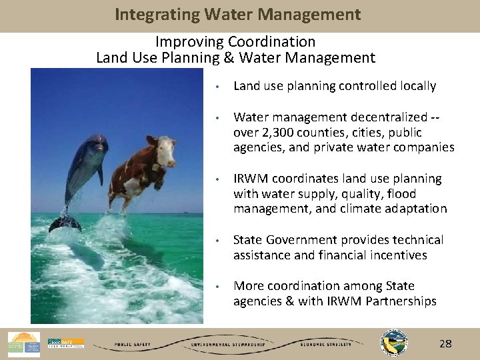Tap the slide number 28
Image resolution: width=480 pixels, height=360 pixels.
(x=445, y=344)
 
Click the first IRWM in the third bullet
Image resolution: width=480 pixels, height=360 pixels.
(x=250, y=179)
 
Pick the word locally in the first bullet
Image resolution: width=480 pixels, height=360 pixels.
(x=415, y=86)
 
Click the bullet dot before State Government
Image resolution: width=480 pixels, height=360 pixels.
(x=217, y=240)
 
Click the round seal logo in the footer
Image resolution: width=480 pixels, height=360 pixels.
(x=393, y=341)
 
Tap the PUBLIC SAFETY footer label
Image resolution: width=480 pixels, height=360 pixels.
(x=131, y=345)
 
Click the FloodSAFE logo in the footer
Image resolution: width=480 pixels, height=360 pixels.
(x=65, y=343)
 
